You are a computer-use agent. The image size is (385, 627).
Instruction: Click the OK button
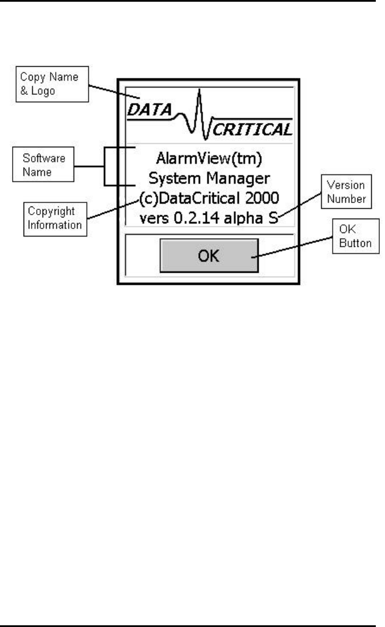coord(209,256)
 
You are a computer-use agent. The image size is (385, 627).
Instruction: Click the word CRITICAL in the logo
coord(252,130)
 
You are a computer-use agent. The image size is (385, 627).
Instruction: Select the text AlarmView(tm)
coord(208,156)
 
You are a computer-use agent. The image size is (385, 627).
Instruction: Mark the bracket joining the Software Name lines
coord(105,167)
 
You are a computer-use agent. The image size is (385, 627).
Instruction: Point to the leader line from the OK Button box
coord(299,248)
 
